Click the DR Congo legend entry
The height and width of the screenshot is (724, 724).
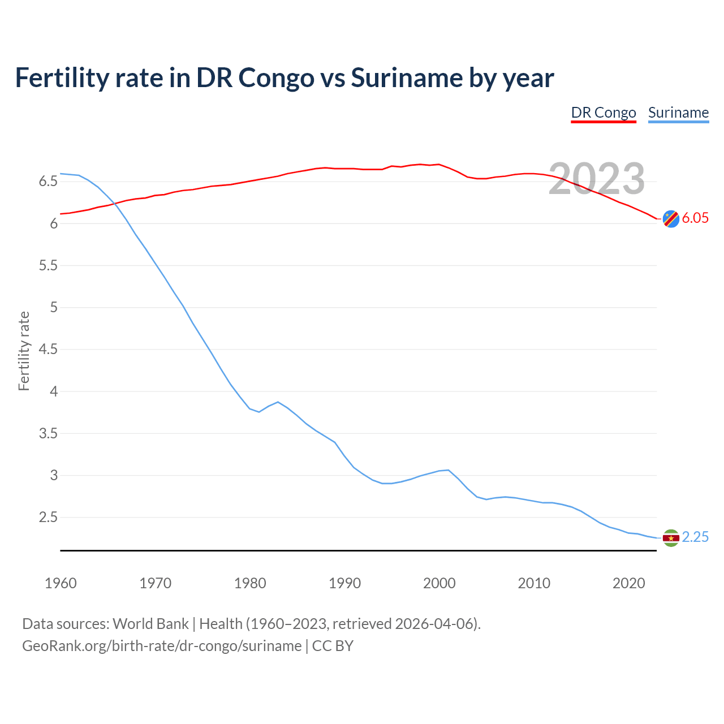(x=604, y=113)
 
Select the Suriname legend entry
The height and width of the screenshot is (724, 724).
(x=678, y=113)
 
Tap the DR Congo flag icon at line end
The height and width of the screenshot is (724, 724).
(x=671, y=218)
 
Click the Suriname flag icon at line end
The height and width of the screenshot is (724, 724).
(x=671, y=537)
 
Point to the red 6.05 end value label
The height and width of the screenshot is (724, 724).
(x=695, y=218)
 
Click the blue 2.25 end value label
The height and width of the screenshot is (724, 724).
(x=695, y=537)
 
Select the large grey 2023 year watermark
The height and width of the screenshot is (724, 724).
(x=597, y=179)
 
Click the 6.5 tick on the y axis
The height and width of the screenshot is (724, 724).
(x=48, y=182)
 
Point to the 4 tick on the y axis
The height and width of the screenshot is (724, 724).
(x=54, y=391)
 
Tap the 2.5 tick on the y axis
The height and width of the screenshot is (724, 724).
(x=48, y=518)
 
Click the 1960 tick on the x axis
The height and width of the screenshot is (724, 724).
(x=61, y=583)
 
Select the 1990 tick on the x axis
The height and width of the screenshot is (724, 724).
(x=344, y=583)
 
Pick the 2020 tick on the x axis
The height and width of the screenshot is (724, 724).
(x=628, y=583)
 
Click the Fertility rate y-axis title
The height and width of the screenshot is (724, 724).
(x=24, y=351)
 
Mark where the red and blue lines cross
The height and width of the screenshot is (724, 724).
(x=115, y=204)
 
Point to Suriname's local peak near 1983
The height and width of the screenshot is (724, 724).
(x=278, y=402)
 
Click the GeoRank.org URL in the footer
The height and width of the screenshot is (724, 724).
(x=162, y=646)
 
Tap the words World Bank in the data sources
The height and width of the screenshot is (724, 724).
(x=150, y=624)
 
